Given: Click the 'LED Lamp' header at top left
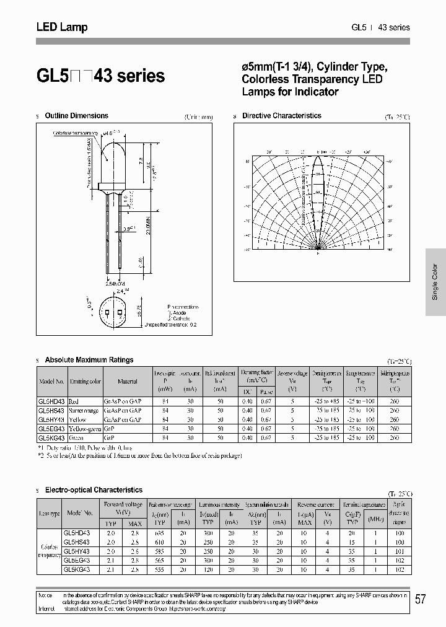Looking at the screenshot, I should [62, 27].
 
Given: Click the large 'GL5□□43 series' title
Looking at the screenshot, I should [100, 76].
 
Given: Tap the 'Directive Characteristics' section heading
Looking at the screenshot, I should [281, 116].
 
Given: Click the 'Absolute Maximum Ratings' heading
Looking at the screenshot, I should [89, 360].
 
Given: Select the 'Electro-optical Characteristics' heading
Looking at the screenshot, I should [94, 490].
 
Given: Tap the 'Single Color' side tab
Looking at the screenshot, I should [435, 281].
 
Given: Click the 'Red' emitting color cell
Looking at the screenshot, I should [74, 401].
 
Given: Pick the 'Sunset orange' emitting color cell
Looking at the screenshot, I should [83, 410].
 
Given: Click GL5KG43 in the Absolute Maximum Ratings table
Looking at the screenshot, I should [52, 437].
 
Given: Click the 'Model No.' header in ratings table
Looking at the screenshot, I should [52, 382].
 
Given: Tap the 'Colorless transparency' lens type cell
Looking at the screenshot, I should [50, 551].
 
